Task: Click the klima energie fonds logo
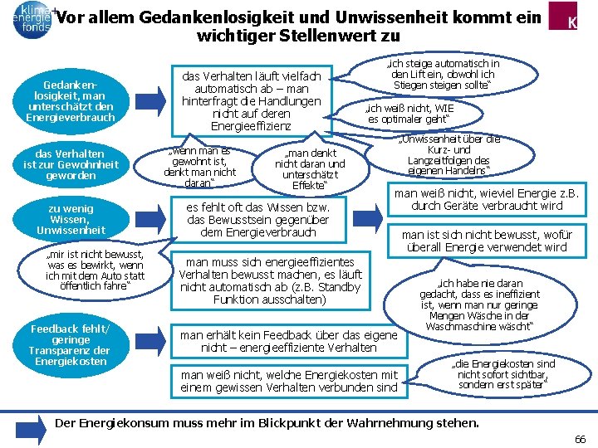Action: tap(31, 17)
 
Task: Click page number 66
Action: tap(580, 438)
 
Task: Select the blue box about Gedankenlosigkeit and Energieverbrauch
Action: tap(71, 101)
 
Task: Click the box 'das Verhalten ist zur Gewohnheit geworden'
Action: tap(71, 164)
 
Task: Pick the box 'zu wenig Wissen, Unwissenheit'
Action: tap(71, 219)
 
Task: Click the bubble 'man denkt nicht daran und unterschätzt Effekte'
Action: tap(310, 169)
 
